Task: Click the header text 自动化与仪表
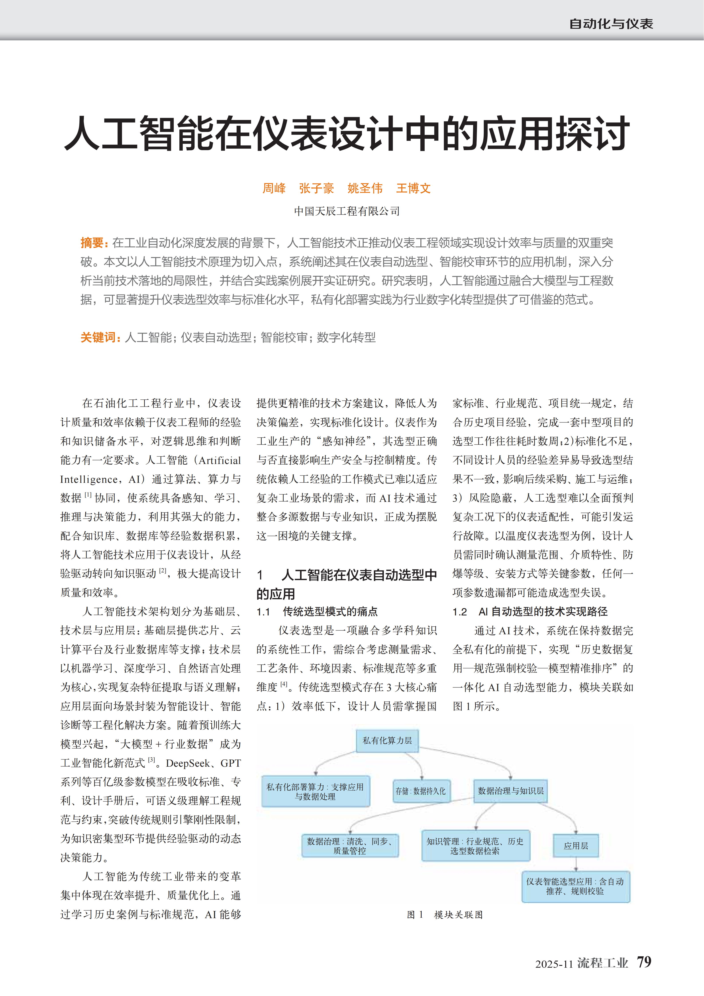click(x=611, y=24)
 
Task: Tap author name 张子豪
click(x=316, y=188)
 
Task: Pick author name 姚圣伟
click(x=365, y=188)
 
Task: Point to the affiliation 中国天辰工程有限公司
click(x=347, y=211)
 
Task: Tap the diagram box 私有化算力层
click(x=387, y=741)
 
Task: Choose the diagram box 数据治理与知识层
click(x=511, y=791)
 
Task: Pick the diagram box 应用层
click(x=576, y=845)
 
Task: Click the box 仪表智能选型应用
click(x=575, y=886)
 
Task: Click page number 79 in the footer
click(x=644, y=962)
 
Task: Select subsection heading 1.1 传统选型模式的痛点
click(x=317, y=612)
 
